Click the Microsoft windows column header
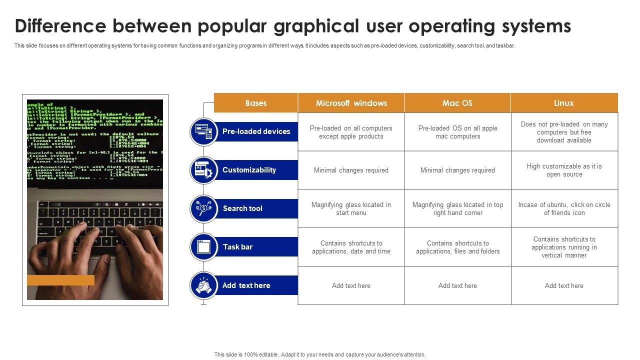(351, 103)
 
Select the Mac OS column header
(457, 103)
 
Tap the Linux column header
(563, 103)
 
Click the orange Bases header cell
(255, 103)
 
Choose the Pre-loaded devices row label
(256, 131)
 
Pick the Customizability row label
(249, 170)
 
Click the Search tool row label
(242, 208)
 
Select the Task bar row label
(237, 247)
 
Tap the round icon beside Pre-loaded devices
(203, 131)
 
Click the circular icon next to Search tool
(203, 208)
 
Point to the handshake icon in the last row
(203, 285)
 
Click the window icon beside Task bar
(203, 247)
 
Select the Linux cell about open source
(564, 170)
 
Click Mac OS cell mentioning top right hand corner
(457, 208)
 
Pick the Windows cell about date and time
(351, 247)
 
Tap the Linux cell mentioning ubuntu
(564, 208)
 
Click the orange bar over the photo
(60, 280)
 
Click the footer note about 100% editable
(320, 354)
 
